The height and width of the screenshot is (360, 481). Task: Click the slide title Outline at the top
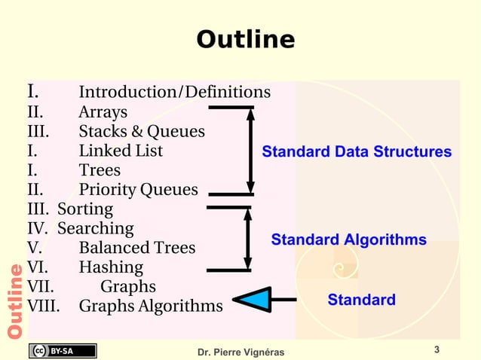click(245, 39)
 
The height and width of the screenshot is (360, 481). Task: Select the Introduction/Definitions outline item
click(174, 93)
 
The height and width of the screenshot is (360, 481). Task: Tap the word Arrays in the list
click(103, 113)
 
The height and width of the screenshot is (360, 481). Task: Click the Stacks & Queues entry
click(142, 132)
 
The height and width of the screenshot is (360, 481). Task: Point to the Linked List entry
click(121, 151)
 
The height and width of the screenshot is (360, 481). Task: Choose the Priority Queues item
click(138, 190)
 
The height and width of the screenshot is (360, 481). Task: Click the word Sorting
click(85, 209)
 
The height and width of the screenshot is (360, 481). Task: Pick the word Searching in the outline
click(96, 228)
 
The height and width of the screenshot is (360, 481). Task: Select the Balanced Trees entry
click(136, 248)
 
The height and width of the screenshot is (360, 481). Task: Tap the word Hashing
click(111, 267)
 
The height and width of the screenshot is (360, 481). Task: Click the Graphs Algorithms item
click(151, 307)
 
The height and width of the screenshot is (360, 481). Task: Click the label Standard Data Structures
click(357, 153)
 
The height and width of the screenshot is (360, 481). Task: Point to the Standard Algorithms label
click(348, 240)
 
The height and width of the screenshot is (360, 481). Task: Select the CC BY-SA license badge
click(63, 350)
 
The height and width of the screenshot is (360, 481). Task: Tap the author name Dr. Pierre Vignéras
click(240, 352)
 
